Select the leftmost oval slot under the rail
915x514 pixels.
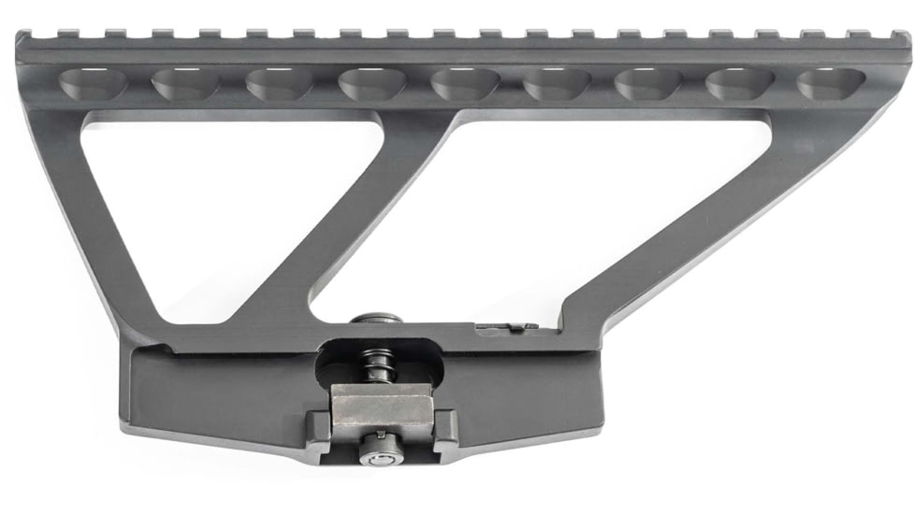[94, 84]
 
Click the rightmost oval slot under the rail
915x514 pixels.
[831, 83]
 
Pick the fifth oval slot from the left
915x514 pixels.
[465, 84]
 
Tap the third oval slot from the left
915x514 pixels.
[279, 84]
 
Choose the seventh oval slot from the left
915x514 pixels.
[648, 84]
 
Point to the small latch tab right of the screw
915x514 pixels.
[505, 327]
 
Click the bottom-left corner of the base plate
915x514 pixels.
[125, 425]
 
